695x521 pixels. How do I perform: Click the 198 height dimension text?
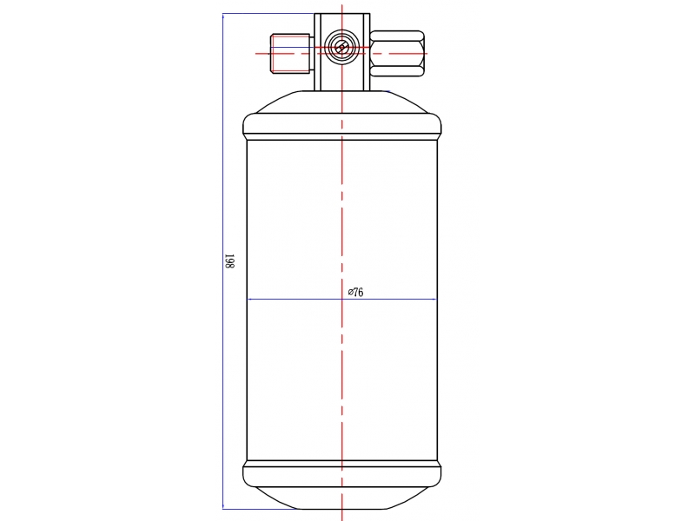[x=229, y=261]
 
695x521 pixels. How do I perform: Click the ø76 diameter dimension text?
[x=356, y=292]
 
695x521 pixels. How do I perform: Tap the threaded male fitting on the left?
[x=290, y=54]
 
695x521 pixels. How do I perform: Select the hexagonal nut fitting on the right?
[x=397, y=54]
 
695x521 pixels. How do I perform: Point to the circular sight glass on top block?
[x=341, y=48]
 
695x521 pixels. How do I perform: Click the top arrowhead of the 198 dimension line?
[x=223, y=16]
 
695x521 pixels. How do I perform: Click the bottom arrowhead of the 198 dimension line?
[x=223, y=506]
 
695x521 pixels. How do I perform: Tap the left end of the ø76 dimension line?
[x=248, y=300]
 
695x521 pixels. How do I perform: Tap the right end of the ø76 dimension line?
[x=436, y=300]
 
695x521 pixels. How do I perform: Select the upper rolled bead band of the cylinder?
[x=341, y=127]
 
